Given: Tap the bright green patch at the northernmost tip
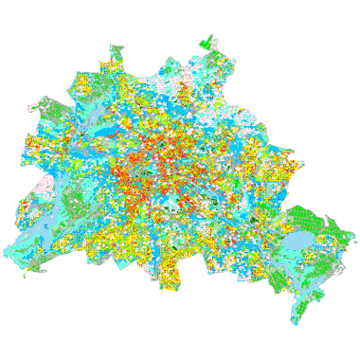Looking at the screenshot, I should (207, 43).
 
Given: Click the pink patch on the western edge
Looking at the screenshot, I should (42, 183).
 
